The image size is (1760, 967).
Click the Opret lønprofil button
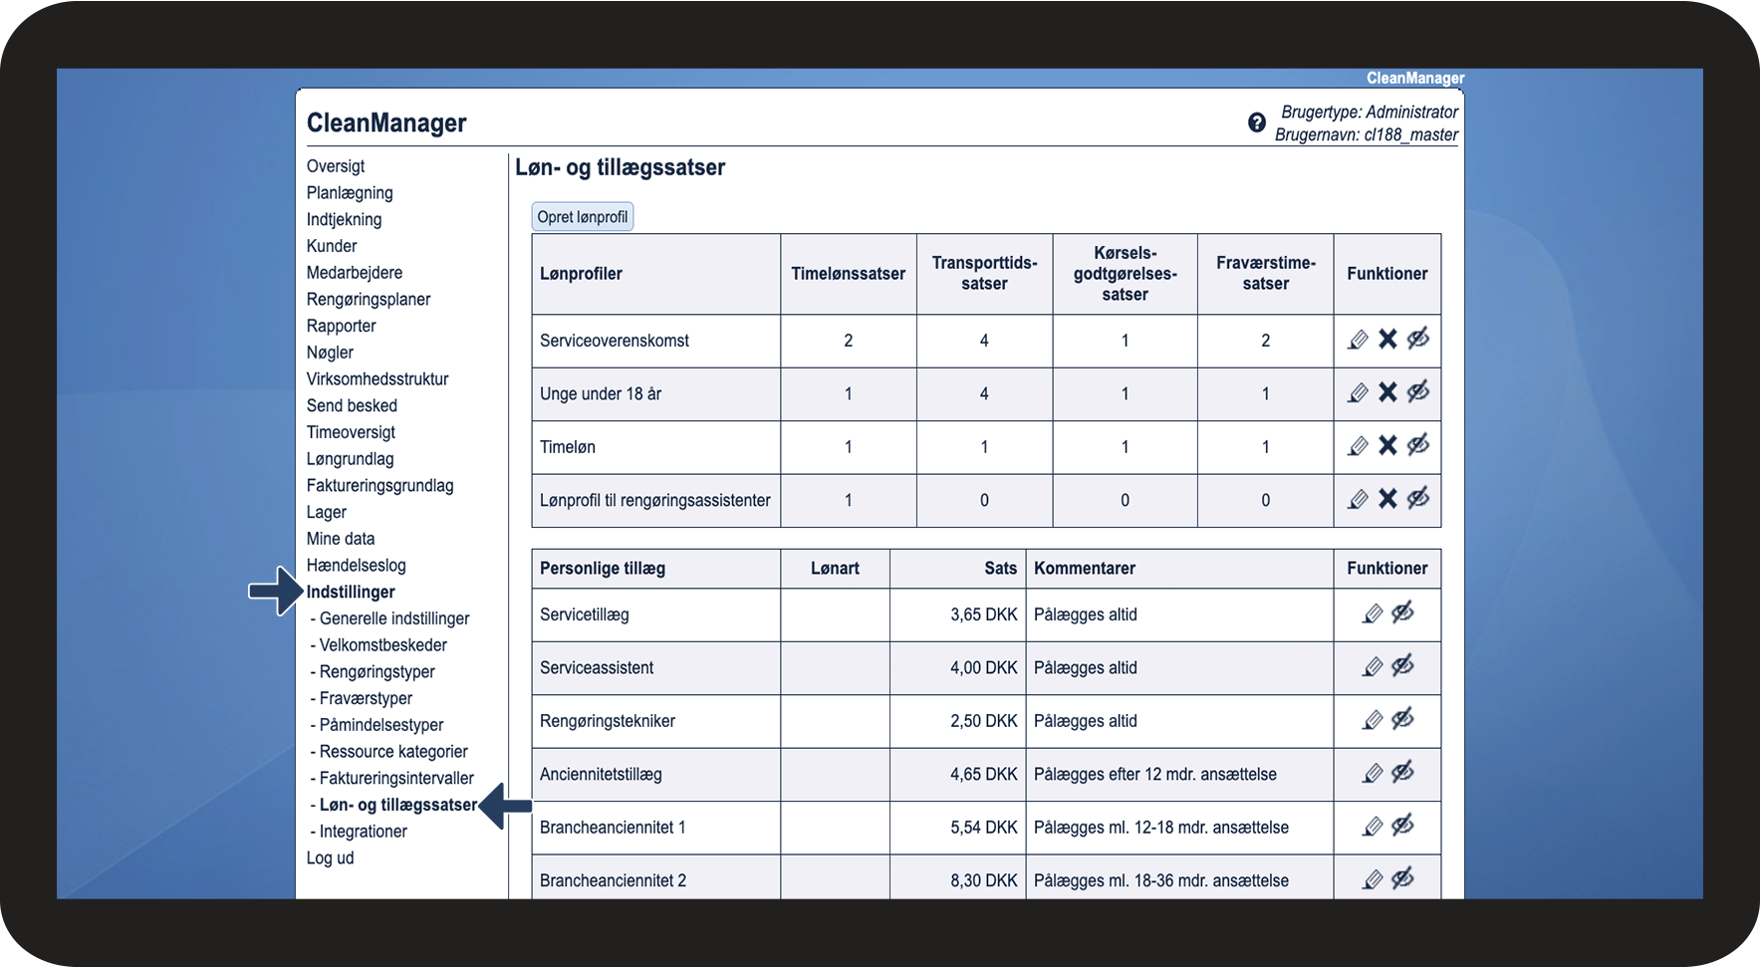pos(583,217)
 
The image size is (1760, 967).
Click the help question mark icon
pos(1257,122)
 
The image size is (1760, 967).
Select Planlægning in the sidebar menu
pos(350,193)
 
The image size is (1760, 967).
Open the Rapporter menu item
pos(342,326)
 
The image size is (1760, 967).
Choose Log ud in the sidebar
pos(330,857)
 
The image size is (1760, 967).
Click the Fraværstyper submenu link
pos(366,698)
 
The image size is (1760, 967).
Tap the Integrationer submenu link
pos(363,832)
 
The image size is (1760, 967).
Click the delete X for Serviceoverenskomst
pos(1387,340)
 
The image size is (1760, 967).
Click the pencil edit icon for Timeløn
pos(1358,446)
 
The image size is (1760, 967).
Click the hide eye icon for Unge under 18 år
pos(1418,392)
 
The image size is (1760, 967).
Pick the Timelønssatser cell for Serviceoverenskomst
pos(848,341)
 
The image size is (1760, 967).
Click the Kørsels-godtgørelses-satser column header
pos(1125,274)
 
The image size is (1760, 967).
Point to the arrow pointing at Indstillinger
pos(274,592)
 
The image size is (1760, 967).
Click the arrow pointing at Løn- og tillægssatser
pos(505,805)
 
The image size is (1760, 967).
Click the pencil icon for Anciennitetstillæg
pos(1373,773)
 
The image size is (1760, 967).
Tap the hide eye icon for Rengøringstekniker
pos(1403,720)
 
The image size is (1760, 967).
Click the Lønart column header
pos(835,569)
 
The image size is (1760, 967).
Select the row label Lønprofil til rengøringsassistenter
pos(654,500)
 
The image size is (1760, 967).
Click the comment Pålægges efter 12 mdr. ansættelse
pos(1154,774)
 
